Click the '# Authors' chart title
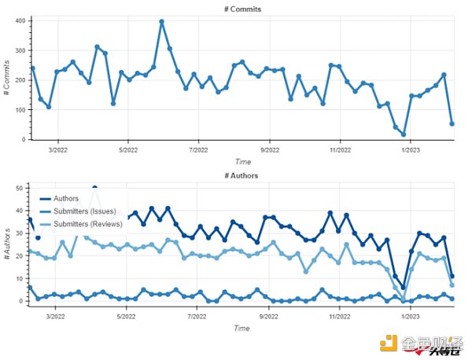click(x=241, y=175)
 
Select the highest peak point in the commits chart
click(x=161, y=22)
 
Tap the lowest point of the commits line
click(x=404, y=134)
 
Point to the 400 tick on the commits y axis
click(x=20, y=20)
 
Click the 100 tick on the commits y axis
click(x=20, y=110)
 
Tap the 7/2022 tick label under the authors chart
click(x=198, y=317)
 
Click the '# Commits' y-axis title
click(x=7, y=79)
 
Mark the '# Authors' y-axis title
click(x=7, y=244)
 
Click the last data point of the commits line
click(x=452, y=123)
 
